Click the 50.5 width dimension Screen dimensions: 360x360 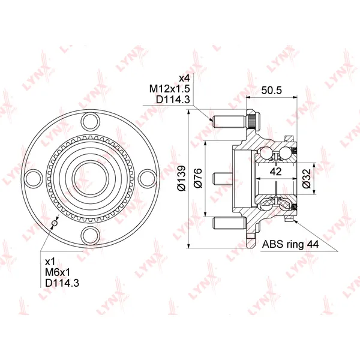point(271,90)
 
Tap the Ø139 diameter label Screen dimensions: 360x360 point(182,178)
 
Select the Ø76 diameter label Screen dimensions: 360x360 point(197,178)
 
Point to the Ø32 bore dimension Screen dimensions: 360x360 point(307,179)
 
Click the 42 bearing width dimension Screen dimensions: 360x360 point(276,172)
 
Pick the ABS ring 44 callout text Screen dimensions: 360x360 point(290,244)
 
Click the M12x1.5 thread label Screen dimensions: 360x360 point(170,89)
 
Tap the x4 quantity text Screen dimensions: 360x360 point(184,78)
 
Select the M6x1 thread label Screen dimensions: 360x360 point(58,272)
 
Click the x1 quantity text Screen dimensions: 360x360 point(50,262)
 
